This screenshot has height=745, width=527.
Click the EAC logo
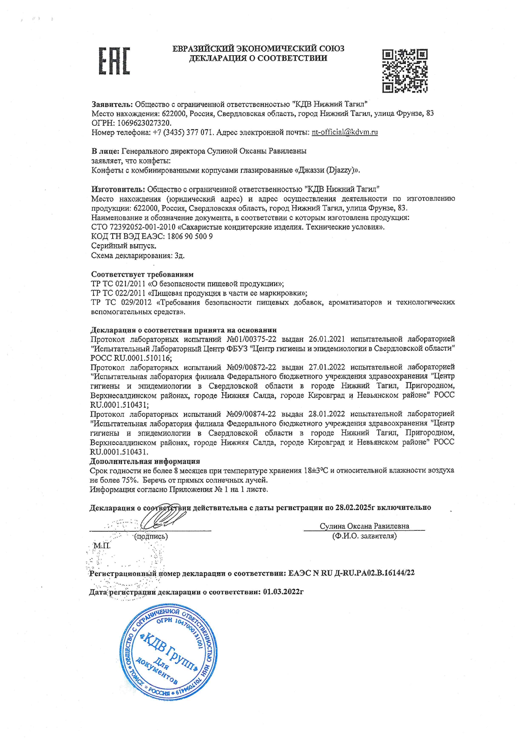114,61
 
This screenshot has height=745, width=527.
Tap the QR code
404,71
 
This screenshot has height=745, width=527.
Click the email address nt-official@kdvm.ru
345,133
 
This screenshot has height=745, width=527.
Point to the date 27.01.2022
327,367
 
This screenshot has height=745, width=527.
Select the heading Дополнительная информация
145,461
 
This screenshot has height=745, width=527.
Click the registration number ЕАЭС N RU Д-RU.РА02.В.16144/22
351,573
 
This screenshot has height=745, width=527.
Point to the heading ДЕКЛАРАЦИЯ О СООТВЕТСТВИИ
258,58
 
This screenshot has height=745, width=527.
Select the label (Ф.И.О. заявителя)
364,536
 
